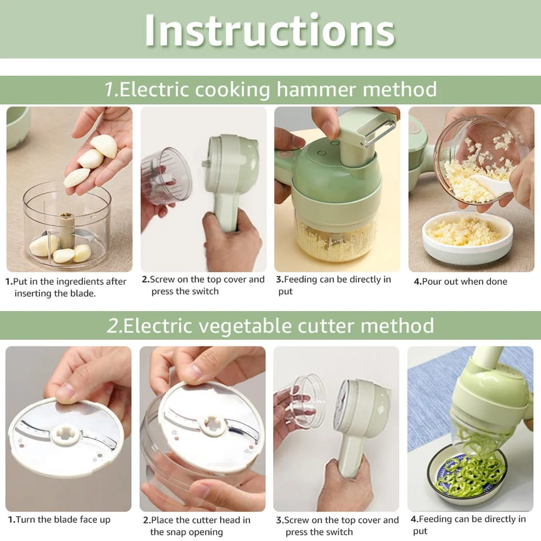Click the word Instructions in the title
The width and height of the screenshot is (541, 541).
[x=269, y=30]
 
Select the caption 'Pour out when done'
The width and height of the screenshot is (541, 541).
[x=460, y=282]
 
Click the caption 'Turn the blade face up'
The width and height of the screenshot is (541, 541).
[x=59, y=520]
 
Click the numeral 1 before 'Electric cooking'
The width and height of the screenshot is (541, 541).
[x=110, y=90]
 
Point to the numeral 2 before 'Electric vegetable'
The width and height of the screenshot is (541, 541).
[x=113, y=326]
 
